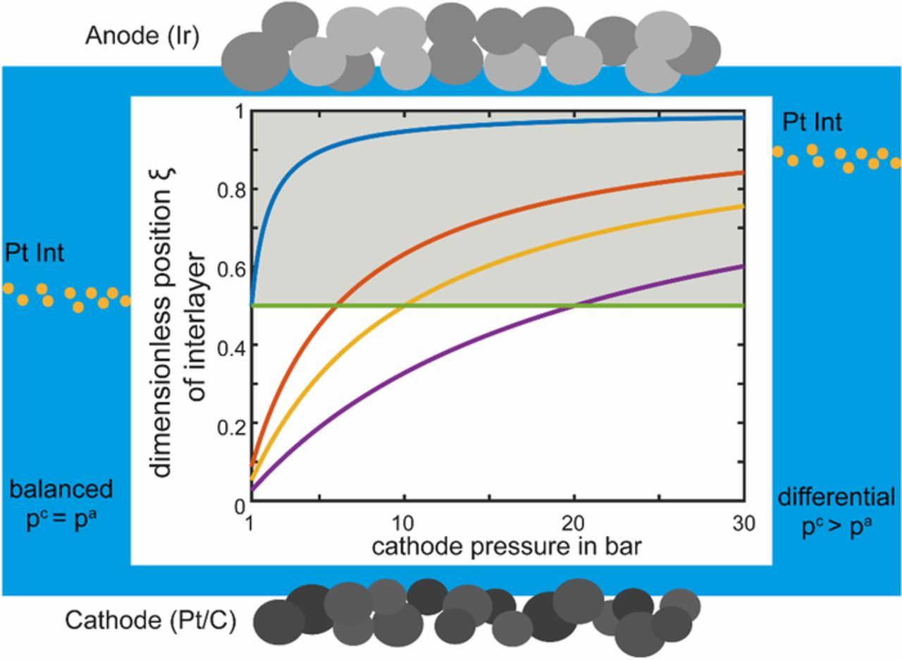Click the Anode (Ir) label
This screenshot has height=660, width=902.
point(142,36)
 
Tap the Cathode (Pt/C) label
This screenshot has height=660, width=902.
point(150,621)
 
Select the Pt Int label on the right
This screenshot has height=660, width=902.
point(812,123)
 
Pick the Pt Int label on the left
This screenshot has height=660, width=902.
point(35,253)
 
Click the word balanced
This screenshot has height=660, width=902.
point(61,489)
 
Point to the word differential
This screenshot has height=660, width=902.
point(836,497)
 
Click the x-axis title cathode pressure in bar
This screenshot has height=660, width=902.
point(506,546)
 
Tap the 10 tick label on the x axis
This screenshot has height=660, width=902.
point(404,524)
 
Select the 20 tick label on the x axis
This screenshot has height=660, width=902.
point(574,524)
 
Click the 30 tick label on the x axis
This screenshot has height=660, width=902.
point(743,524)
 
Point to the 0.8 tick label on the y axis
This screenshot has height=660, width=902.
point(230,190)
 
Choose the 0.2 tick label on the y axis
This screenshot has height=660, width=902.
point(230,423)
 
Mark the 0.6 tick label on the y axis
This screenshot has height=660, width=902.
point(230,268)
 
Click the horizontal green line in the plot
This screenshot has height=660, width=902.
point(493,305)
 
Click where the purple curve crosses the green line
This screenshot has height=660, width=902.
point(574,305)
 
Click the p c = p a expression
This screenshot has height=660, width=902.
point(61,520)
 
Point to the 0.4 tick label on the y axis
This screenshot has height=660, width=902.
point(230,346)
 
